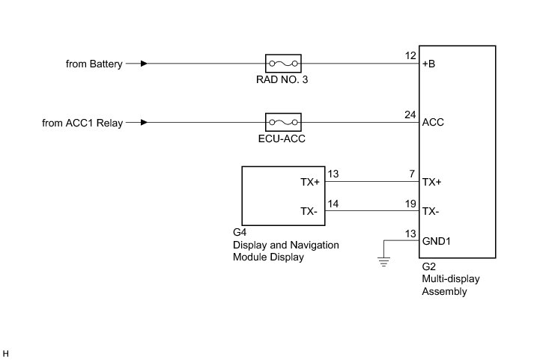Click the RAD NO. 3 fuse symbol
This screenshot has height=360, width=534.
click(x=283, y=63)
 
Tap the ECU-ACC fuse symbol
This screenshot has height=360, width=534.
click(x=283, y=122)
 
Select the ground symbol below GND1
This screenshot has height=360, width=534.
click(x=384, y=261)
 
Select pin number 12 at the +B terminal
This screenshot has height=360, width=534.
click(x=410, y=56)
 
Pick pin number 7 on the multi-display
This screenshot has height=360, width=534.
click(x=413, y=174)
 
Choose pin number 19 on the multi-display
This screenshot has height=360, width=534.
click(x=410, y=203)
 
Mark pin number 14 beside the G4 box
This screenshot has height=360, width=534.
click(x=333, y=203)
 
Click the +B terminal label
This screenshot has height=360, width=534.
click(x=429, y=64)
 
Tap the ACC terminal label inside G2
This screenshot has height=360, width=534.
click(x=433, y=122)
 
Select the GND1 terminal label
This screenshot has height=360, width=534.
click(x=437, y=241)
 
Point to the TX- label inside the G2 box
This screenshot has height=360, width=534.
click(x=431, y=211)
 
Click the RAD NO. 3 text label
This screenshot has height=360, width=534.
click(x=283, y=80)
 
